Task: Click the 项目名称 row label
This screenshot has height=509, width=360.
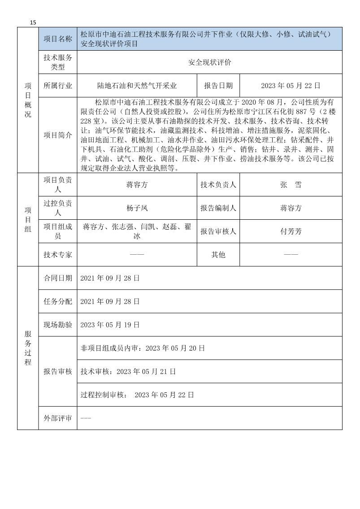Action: pos(58,39)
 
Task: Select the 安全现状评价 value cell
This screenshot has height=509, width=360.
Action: pos(209,63)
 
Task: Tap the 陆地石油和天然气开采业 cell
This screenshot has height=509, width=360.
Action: pos(137,85)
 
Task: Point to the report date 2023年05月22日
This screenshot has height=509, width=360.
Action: pos(291,85)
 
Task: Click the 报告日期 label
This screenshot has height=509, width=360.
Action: pos(218,85)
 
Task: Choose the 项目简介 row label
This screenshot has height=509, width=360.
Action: pos(58,135)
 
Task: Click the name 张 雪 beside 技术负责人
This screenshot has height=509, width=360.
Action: pos(291,185)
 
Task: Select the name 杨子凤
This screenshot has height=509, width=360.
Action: pos(137,208)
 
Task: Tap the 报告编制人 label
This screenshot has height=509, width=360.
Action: pos(218,208)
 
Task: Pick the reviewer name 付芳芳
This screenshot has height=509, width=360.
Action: pos(291,231)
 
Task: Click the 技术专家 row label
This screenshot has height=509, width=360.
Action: pos(58,255)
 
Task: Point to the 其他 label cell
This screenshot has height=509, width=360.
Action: pos(218,255)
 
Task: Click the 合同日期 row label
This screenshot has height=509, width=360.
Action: pos(58,278)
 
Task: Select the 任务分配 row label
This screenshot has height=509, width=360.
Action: pos(58,301)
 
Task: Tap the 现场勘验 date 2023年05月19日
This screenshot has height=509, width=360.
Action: pos(110,325)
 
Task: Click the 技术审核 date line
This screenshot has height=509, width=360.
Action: pos(128,371)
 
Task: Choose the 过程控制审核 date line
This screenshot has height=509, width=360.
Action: pos(137,395)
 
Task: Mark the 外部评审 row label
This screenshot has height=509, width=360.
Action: pos(58,418)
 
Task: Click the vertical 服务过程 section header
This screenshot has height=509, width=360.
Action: pos(28,348)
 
